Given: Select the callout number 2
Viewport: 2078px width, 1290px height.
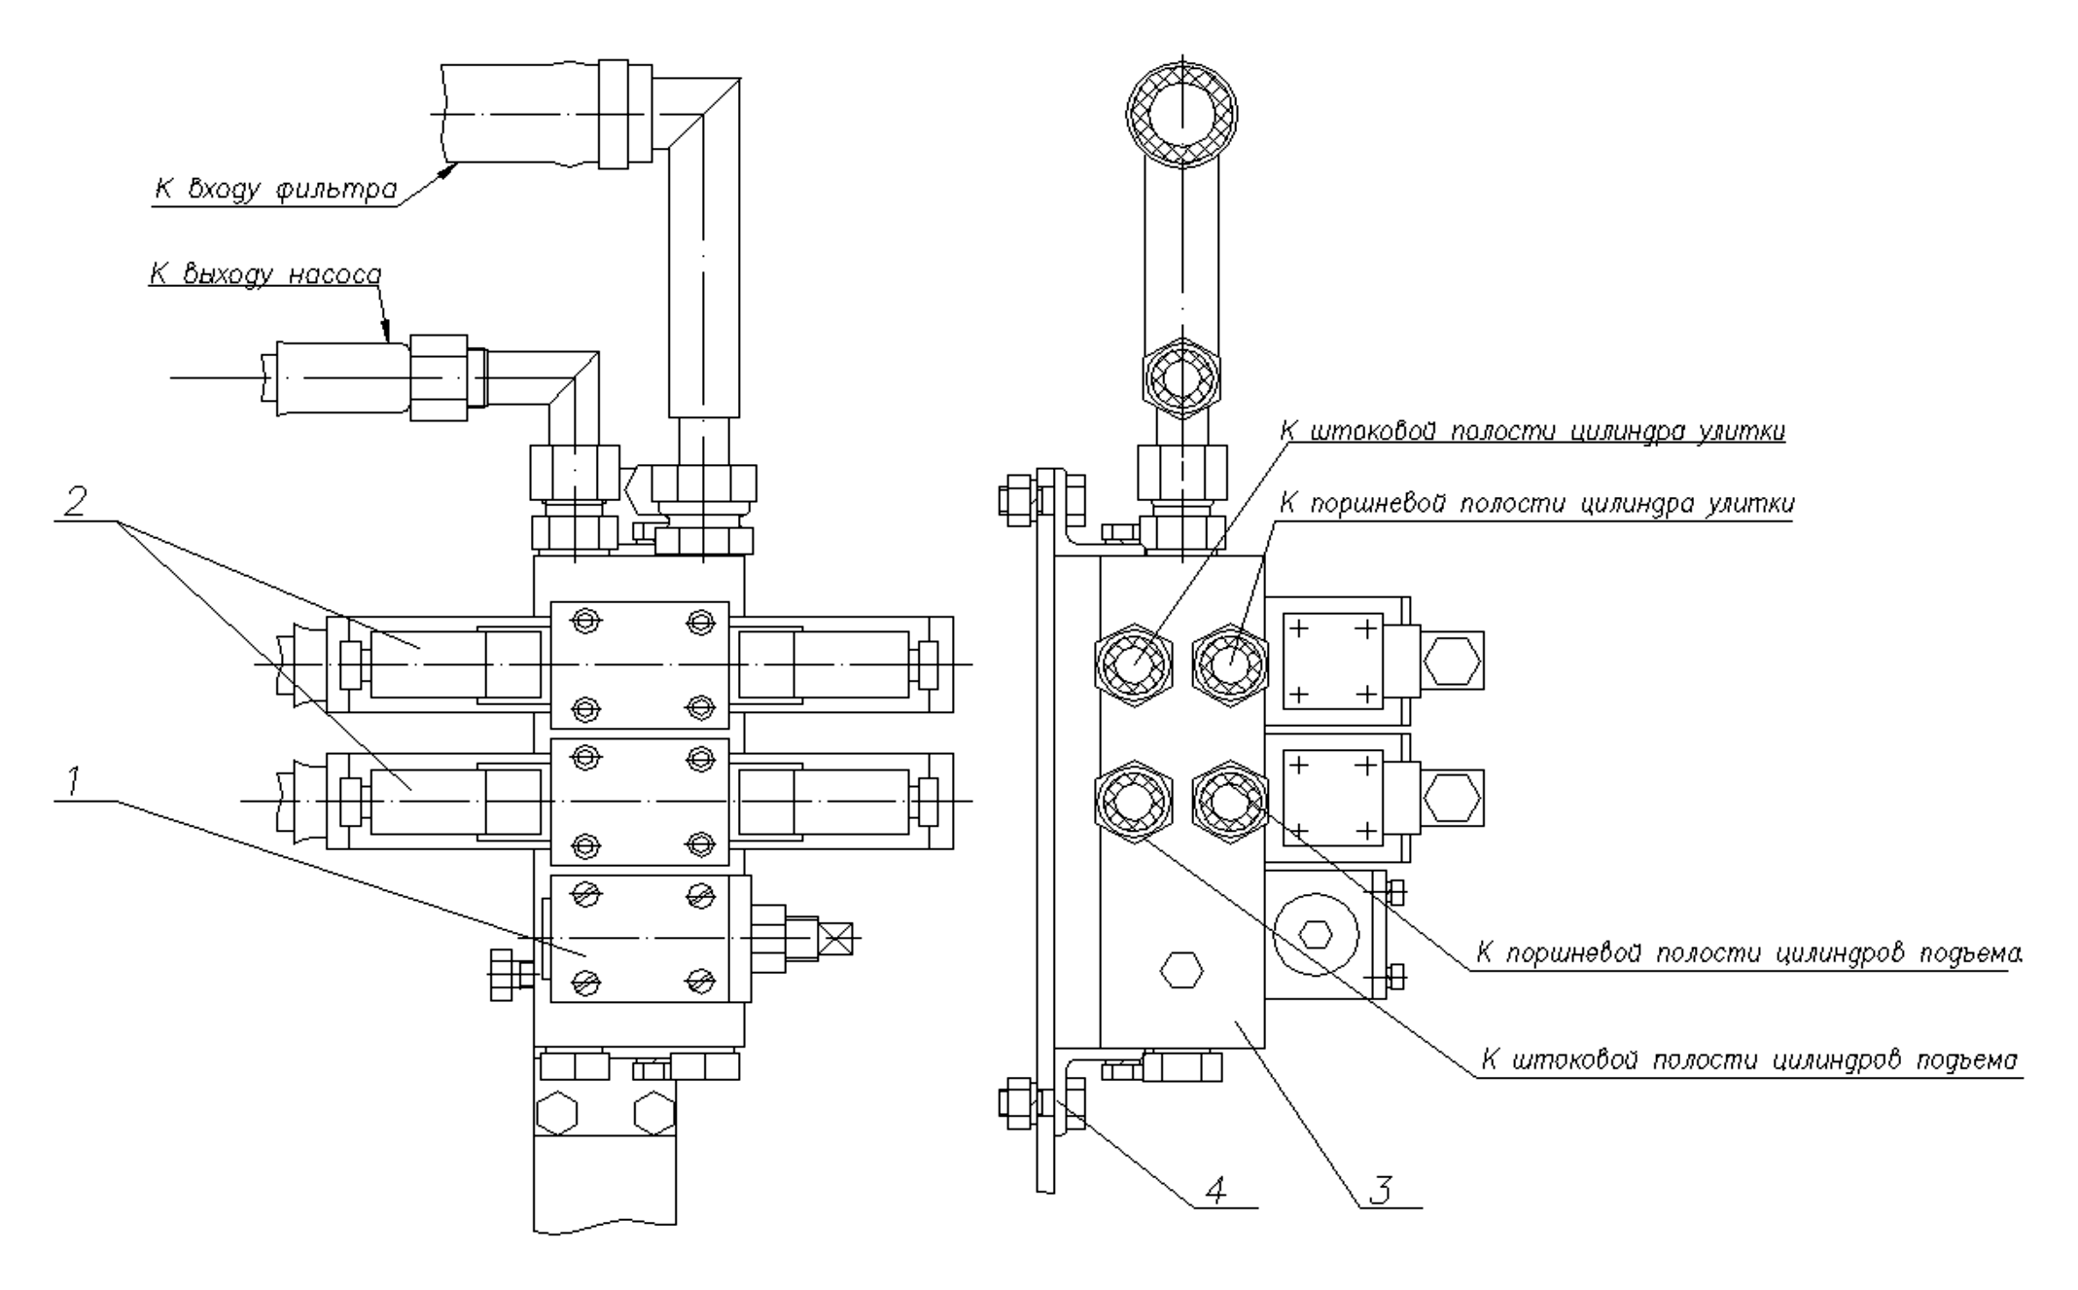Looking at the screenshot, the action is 74,502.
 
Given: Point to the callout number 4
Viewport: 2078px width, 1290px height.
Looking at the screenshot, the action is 1215,1188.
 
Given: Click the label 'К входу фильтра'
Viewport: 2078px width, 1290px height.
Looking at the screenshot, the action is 275,189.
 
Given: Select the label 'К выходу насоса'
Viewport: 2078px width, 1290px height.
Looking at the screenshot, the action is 264,274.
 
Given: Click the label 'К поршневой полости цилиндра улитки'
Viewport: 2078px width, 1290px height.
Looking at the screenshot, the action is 1536,504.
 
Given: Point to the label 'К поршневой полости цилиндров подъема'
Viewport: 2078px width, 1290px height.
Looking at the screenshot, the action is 1746,953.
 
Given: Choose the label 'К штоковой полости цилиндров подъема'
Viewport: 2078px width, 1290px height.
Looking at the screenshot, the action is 1747,1060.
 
